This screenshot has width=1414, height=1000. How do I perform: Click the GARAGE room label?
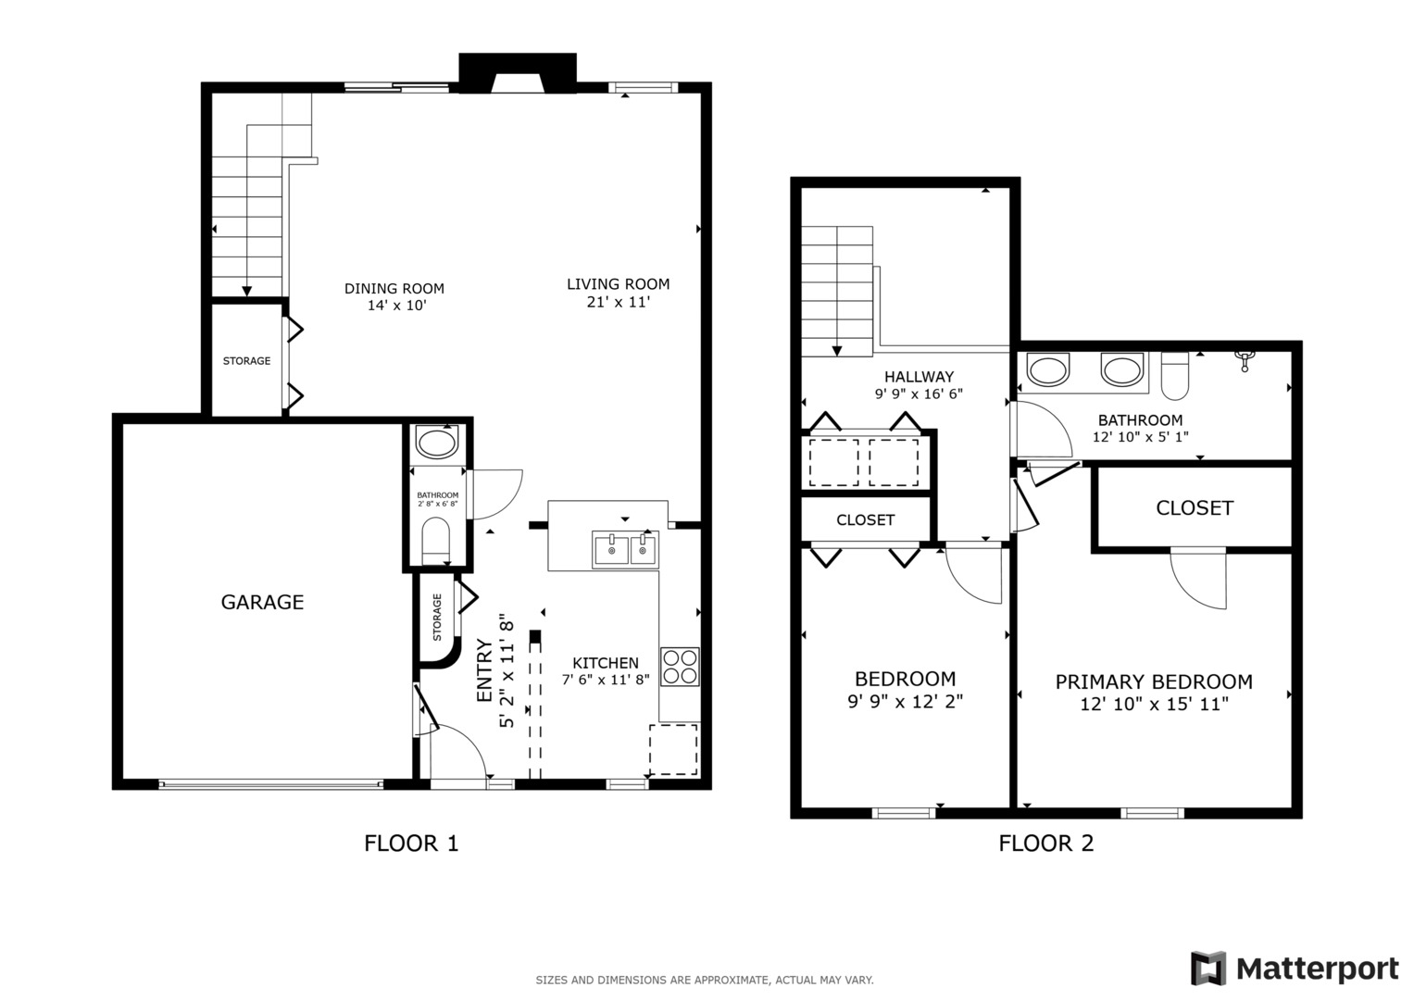pos(262,602)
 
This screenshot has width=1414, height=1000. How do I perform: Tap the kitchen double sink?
pos(624,550)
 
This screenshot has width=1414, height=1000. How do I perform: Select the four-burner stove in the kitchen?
pos(680,667)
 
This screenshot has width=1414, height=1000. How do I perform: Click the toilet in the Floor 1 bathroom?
pos(435,541)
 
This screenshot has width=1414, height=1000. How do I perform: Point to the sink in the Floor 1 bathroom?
pos(436,442)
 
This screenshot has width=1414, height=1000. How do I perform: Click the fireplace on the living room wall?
pos(518,74)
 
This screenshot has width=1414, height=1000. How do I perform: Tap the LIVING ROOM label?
pos(618,284)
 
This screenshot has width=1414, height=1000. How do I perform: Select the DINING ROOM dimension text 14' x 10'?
pos(395,306)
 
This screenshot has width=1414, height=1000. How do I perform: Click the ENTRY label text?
pos(484,670)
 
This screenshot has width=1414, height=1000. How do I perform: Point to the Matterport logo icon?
pos(1208,969)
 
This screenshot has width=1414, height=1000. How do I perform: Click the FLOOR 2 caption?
pos(1045,844)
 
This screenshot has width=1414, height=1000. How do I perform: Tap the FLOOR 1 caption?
pos(411,844)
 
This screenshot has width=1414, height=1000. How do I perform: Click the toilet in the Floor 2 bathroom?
pos(1174,374)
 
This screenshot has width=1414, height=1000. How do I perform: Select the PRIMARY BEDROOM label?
pos(1154,682)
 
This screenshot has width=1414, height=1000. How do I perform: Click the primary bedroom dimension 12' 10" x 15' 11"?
pos(1154,705)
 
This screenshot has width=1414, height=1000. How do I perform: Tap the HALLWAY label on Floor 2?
pos(919,377)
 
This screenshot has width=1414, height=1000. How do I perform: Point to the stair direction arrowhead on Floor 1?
pos(247,291)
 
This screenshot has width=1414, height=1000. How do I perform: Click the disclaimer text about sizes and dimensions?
pos(704,980)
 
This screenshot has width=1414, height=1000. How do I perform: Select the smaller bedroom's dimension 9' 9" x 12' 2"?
pos(905,702)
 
